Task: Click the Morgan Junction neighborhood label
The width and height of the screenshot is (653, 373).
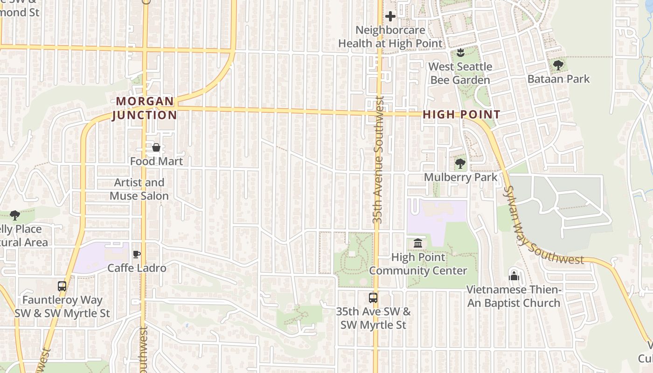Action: (145, 108)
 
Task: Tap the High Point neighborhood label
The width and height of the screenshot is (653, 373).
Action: (461, 115)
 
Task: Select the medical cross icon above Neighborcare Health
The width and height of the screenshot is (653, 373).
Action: (390, 17)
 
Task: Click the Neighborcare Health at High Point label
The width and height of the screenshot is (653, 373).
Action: (390, 37)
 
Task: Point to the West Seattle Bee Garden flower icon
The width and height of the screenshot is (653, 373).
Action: (460, 52)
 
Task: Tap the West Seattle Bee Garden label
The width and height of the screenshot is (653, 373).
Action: (460, 73)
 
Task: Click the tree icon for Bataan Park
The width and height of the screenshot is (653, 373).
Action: (558, 65)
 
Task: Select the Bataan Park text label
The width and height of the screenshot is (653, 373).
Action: (558, 79)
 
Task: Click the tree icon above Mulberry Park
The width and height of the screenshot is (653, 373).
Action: (460, 164)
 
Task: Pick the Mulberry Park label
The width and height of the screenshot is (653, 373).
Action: (460, 178)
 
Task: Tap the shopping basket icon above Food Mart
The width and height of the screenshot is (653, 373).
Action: (156, 148)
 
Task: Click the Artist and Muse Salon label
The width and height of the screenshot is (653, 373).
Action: (139, 189)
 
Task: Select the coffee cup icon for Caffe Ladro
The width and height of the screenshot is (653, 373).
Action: (137, 255)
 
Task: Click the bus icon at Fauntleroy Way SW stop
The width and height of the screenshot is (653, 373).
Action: (62, 286)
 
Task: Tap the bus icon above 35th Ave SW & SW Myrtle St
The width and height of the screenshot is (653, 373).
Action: (373, 297)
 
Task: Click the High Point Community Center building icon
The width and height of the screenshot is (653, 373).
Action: (418, 243)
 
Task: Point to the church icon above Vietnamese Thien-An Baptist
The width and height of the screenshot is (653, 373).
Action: (514, 276)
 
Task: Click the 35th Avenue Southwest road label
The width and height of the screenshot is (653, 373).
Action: (378, 159)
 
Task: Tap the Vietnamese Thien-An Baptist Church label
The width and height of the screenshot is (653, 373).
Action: (514, 297)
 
